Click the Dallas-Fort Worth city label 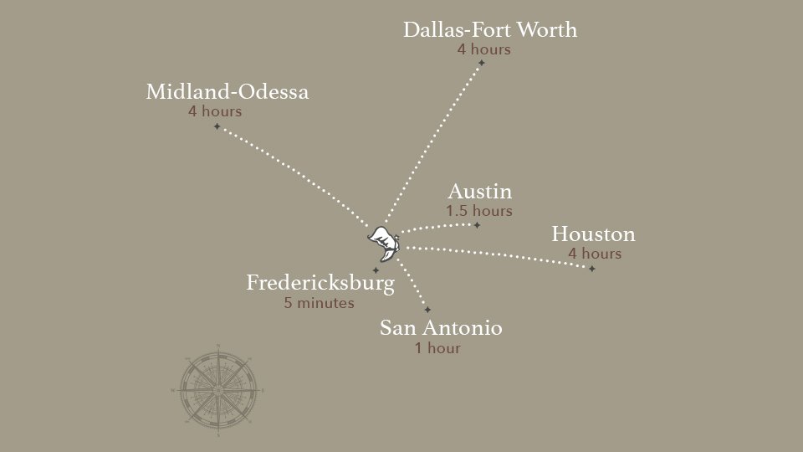[x=489, y=30]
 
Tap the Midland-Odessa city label [x=227, y=92]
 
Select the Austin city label [x=479, y=192]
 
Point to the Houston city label [x=593, y=234]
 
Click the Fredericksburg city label [x=320, y=283]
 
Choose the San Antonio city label [x=441, y=328]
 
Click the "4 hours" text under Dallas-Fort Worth [x=483, y=49]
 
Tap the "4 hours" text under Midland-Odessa [x=215, y=111]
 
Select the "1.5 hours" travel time [x=478, y=211]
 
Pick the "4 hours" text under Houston [x=594, y=254]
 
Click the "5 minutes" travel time [x=319, y=303]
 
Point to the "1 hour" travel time [x=437, y=348]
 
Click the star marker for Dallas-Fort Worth [x=481, y=63]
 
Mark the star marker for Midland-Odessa [x=217, y=126]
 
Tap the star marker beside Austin [x=477, y=225]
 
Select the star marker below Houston [x=591, y=269]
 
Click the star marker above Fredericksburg [x=376, y=270]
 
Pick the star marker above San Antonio [x=427, y=310]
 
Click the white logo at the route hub [x=385, y=242]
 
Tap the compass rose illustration [x=217, y=390]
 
